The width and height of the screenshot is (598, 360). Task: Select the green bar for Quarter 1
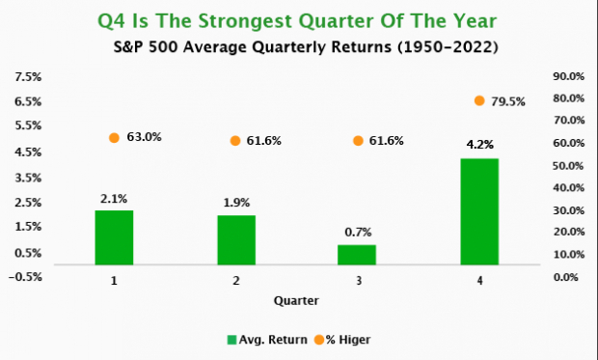click(114, 236)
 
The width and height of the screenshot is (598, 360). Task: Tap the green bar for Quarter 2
click(235, 239)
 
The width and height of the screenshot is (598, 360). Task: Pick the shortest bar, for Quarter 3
click(357, 254)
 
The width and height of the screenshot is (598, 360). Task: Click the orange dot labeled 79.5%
click(479, 100)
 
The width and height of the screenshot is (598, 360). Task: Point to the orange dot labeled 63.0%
click(114, 138)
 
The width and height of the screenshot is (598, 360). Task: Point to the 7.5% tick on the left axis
click(26, 77)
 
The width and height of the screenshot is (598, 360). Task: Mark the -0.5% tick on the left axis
click(25, 277)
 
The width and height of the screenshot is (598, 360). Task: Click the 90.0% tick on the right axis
click(569, 77)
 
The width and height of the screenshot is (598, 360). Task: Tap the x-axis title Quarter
click(296, 300)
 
